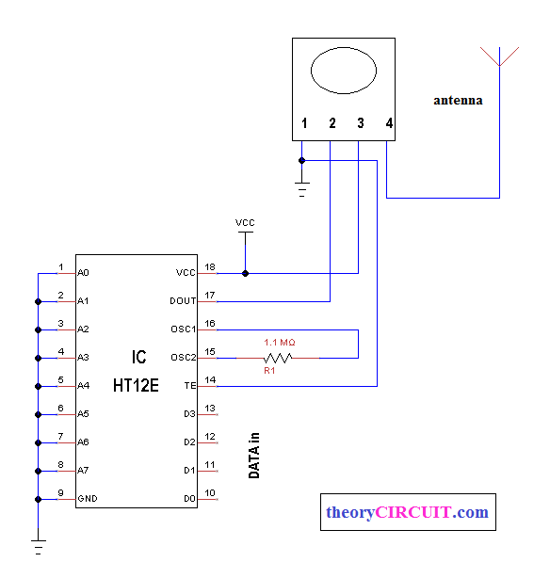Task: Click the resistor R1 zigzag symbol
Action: point(278,358)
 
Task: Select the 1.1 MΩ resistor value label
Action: point(280,342)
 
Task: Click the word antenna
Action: point(458,100)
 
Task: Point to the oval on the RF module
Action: point(344,72)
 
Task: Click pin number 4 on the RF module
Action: point(388,123)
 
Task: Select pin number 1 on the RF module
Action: point(303,123)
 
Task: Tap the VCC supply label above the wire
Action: point(245,223)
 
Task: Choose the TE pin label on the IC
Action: point(189,386)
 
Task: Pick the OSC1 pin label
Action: point(185,329)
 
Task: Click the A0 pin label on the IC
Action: point(83,273)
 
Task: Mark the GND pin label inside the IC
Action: point(87,499)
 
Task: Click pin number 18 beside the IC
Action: point(210,267)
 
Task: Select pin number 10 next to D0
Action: point(210,492)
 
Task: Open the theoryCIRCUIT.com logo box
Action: point(407,513)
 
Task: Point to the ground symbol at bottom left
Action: point(38,543)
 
